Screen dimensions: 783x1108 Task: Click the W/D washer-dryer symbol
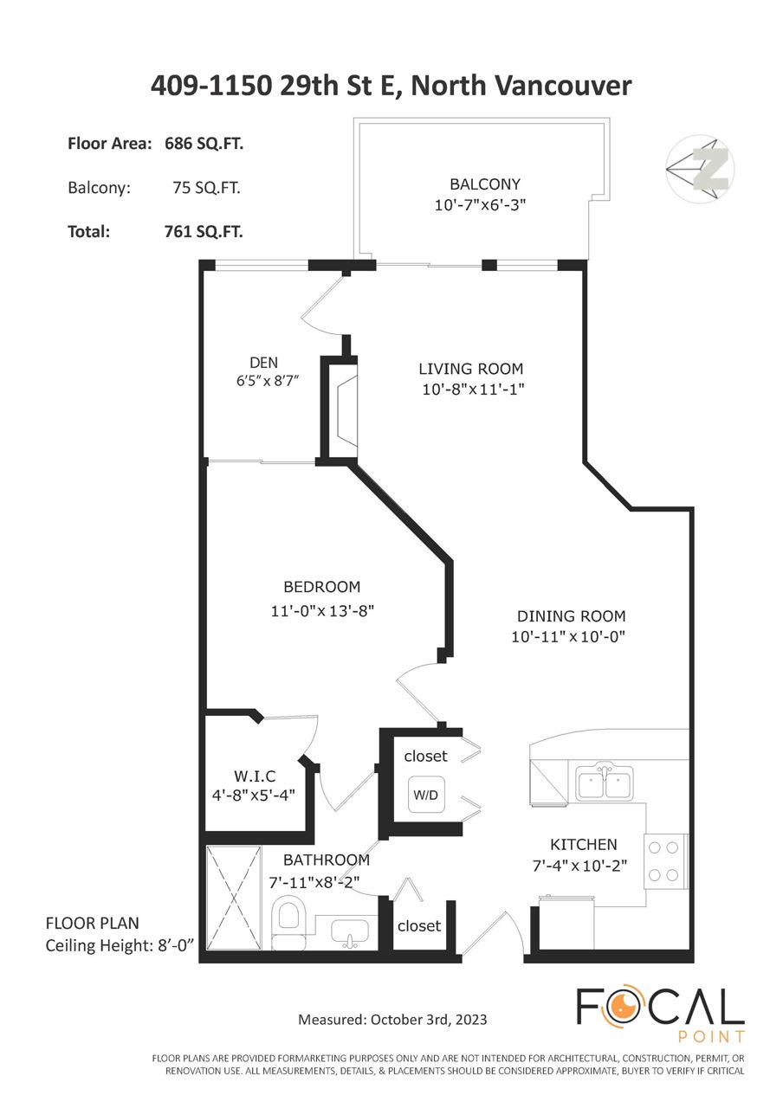(x=425, y=795)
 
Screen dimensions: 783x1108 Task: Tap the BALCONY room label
(x=485, y=184)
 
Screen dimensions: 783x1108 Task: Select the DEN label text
(x=264, y=363)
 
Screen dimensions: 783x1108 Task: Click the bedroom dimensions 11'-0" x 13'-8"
(x=322, y=611)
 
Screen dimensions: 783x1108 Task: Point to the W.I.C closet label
(x=255, y=776)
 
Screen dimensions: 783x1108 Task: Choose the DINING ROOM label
(x=571, y=616)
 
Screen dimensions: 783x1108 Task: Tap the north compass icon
(x=700, y=169)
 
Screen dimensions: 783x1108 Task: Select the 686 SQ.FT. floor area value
(x=204, y=144)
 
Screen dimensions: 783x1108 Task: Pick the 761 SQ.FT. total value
(x=204, y=231)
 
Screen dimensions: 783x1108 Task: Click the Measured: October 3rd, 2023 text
(x=392, y=1020)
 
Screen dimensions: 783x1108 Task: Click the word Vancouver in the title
(x=564, y=86)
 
